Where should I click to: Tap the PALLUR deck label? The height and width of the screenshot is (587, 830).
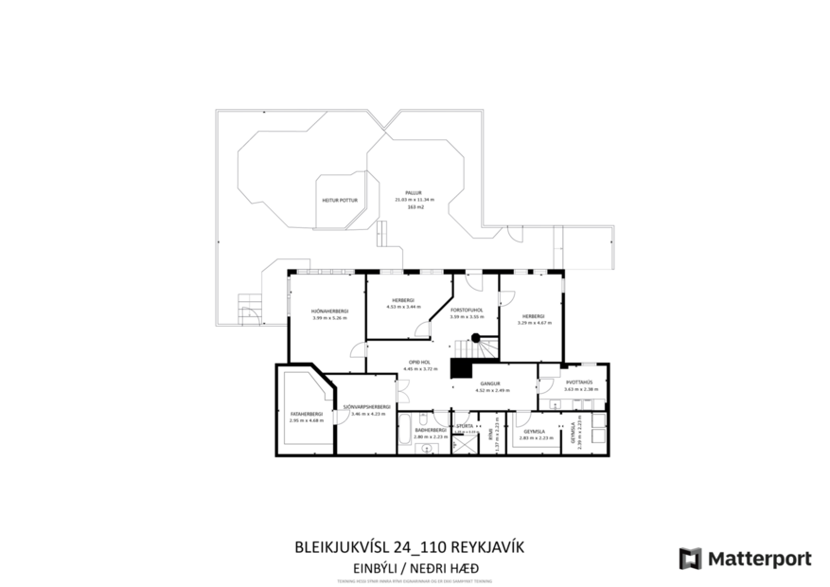pos(414,192)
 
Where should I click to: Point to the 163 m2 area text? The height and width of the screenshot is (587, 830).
pos(415,206)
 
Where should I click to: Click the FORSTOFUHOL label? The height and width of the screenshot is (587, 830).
pos(468,310)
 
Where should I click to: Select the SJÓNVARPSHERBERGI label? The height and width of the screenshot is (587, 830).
pos(368,407)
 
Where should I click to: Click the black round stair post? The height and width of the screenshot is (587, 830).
pos(477,338)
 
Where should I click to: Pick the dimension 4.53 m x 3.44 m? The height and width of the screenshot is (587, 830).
pos(403,307)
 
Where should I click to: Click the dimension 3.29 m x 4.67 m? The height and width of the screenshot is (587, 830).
pos(534,323)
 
